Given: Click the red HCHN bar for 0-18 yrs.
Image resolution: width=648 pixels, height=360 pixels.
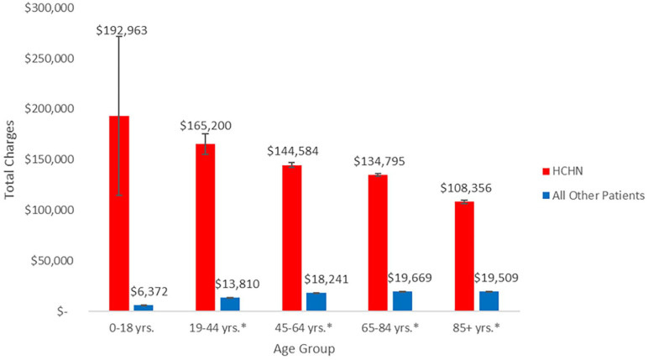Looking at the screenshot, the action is [x=119, y=213].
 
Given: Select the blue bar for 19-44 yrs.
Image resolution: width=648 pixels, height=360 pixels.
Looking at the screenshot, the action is [x=230, y=305].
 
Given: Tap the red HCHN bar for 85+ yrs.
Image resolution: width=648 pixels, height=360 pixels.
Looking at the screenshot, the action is [x=464, y=256].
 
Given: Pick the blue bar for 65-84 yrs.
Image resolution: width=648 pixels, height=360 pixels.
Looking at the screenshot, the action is [x=403, y=301].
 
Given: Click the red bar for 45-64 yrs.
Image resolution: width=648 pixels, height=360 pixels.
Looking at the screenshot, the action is [x=292, y=238].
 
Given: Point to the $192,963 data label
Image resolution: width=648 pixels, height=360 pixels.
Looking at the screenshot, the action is [x=122, y=30].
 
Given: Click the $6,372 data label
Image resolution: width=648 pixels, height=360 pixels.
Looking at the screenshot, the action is [x=149, y=292].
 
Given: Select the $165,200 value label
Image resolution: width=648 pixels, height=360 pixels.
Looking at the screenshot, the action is [x=206, y=126].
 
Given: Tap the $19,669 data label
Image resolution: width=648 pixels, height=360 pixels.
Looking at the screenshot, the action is [x=410, y=278].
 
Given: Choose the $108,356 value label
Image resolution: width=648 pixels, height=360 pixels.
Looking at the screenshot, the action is [x=466, y=189].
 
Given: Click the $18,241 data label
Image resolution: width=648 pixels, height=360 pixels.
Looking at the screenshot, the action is [x=326, y=279].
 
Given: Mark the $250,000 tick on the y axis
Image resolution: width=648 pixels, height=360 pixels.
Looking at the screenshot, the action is [x=50, y=58].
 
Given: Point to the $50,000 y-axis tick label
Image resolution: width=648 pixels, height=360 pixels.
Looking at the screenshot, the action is [x=53, y=261].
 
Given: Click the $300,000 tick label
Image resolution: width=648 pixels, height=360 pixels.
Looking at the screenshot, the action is [x=50, y=8].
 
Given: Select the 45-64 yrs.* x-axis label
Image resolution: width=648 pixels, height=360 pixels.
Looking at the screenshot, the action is [x=303, y=328].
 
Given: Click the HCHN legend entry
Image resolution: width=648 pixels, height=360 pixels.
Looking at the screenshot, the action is [x=562, y=171].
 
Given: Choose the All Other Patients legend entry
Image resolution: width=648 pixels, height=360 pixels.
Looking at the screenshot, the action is [x=593, y=195].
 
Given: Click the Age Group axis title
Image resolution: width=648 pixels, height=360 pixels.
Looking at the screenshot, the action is [x=304, y=349].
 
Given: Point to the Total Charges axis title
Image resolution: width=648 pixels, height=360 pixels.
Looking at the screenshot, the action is [x=9, y=160].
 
